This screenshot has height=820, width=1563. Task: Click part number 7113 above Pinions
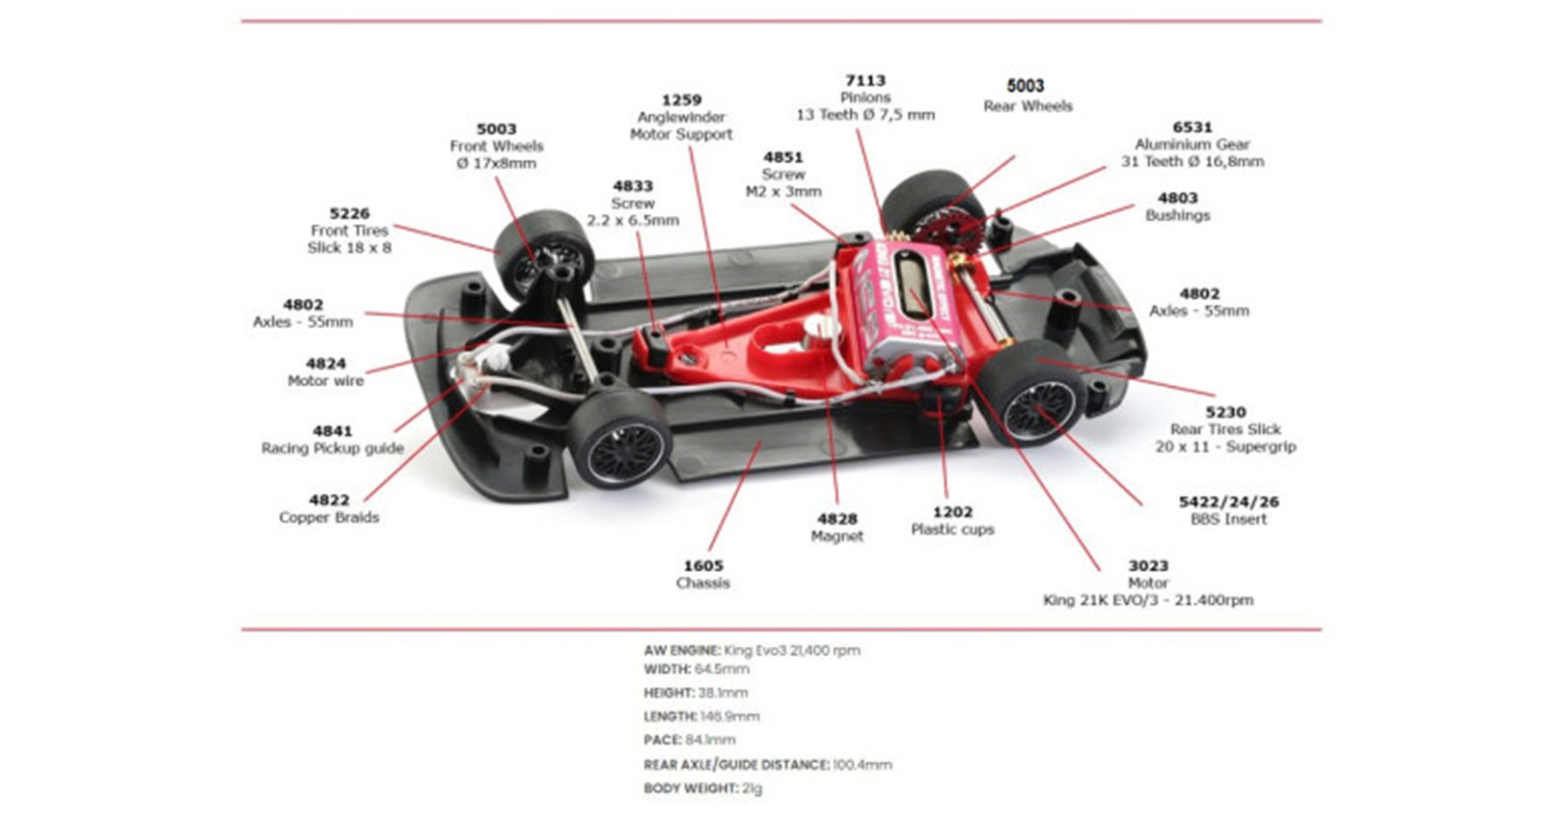(x=864, y=81)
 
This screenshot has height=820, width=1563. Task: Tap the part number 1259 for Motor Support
(x=681, y=100)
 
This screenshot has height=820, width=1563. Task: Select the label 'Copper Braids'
(x=329, y=518)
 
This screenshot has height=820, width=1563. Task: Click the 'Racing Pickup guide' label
(x=332, y=449)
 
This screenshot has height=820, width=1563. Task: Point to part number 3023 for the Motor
(x=1148, y=566)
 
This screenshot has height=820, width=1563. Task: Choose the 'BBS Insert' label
(x=1228, y=519)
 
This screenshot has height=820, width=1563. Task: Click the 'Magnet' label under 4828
(x=836, y=536)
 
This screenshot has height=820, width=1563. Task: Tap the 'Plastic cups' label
(x=952, y=530)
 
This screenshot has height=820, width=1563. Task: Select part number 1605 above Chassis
(x=702, y=566)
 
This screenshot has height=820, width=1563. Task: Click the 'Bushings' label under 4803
(x=1177, y=215)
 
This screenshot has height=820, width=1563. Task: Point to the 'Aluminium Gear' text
(x=1192, y=145)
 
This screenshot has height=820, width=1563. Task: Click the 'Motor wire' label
(x=325, y=381)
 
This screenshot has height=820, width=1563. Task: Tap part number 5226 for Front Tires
(x=349, y=214)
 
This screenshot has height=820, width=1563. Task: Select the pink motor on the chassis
(x=907, y=309)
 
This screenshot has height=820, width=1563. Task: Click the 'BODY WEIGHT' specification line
(x=702, y=788)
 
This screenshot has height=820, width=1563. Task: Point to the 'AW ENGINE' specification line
(x=752, y=650)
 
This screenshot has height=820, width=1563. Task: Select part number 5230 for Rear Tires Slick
(x=1225, y=412)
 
